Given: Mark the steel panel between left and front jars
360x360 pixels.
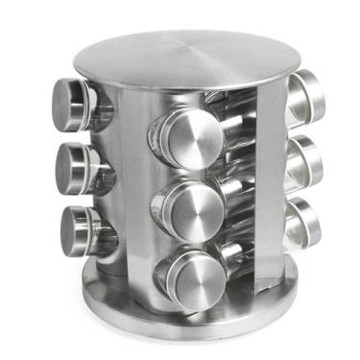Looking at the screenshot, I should point(130,192).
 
